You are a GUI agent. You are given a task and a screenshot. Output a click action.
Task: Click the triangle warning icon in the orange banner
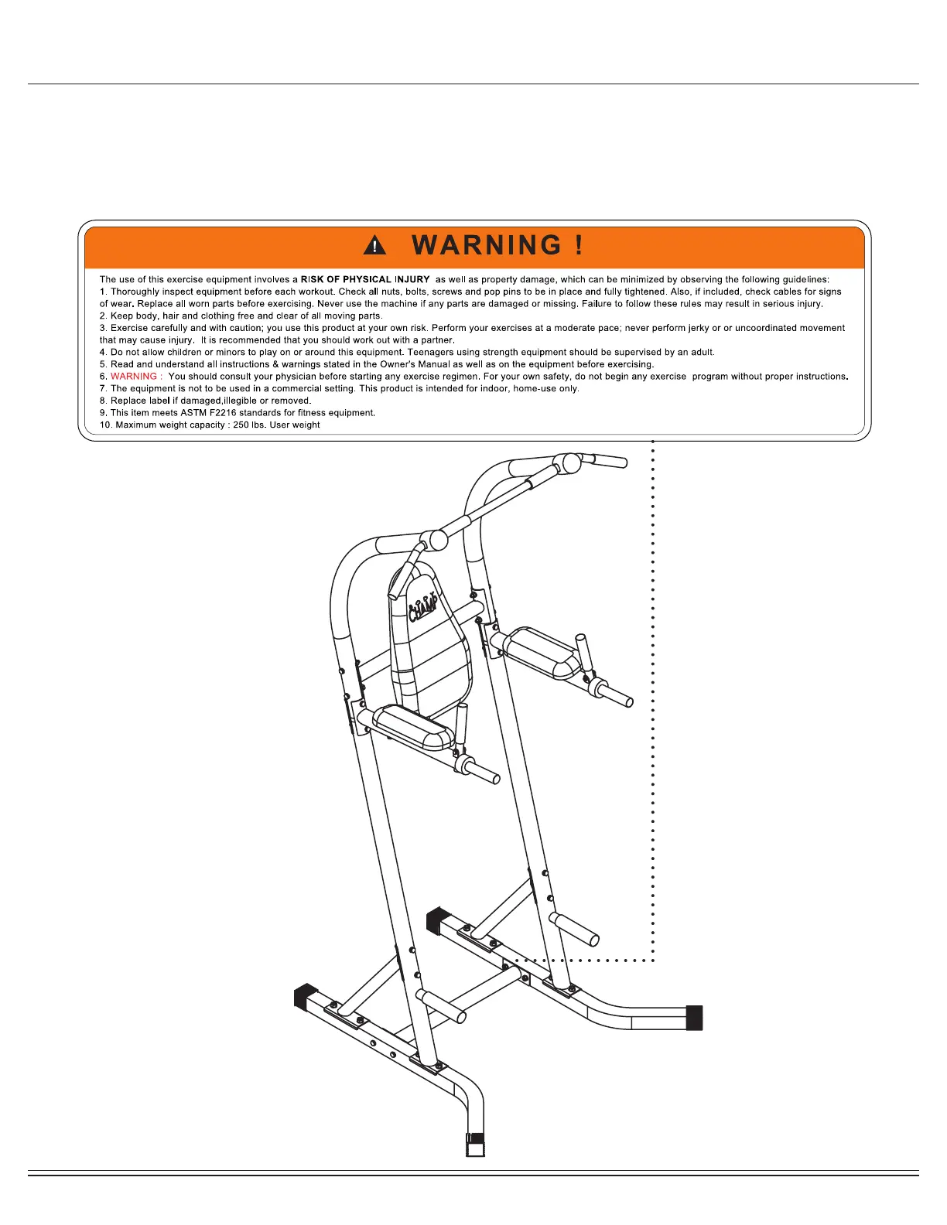(x=374, y=246)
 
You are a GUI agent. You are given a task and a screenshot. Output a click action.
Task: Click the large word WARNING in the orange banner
(x=487, y=245)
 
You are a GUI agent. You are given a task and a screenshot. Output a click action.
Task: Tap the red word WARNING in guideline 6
(x=134, y=377)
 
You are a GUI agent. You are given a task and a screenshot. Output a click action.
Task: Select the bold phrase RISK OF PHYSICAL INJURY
(x=365, y=279)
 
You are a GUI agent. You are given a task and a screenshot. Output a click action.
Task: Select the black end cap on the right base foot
(x=694, y=1018)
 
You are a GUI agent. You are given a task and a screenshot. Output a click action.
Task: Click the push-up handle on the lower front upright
(x=441, y=1005)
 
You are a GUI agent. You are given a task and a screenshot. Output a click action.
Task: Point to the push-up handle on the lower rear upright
(x=574, y=929)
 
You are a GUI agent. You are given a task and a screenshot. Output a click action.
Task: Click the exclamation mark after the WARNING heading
(x=579, y=245)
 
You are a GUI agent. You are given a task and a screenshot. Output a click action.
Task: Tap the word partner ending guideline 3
(x=437, y=340)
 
